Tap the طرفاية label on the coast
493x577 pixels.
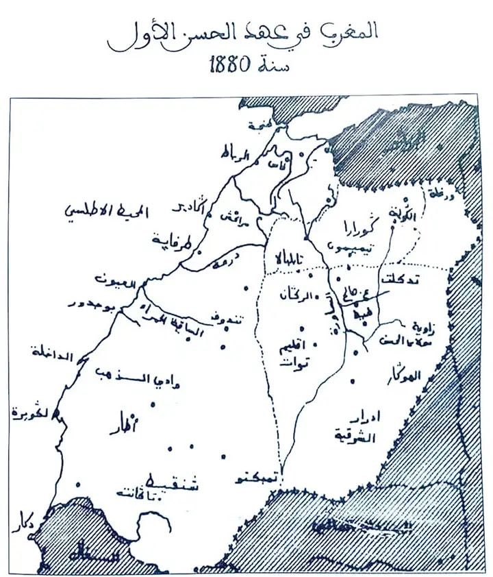coord(169,241)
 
